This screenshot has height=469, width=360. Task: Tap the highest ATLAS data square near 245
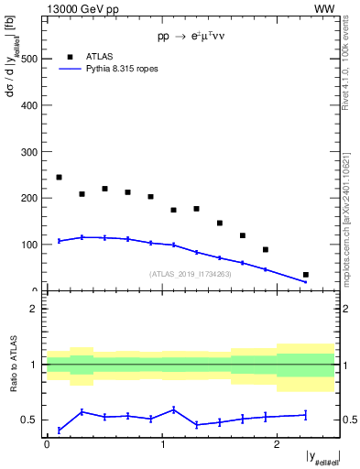point(59,177)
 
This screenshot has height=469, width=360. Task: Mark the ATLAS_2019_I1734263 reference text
point(190,273)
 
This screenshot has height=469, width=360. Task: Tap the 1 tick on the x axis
point(162,443)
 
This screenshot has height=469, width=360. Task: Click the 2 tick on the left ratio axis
point(38,309)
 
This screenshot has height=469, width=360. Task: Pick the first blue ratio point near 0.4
point(59,430)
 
